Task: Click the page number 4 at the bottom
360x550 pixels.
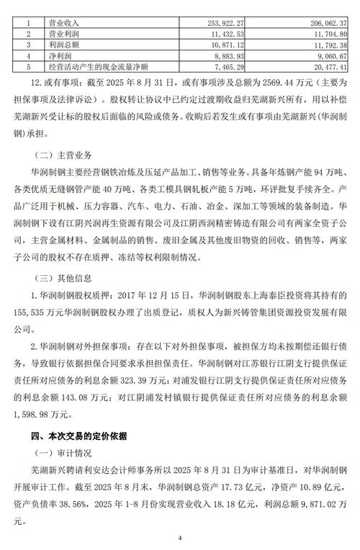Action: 180,538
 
